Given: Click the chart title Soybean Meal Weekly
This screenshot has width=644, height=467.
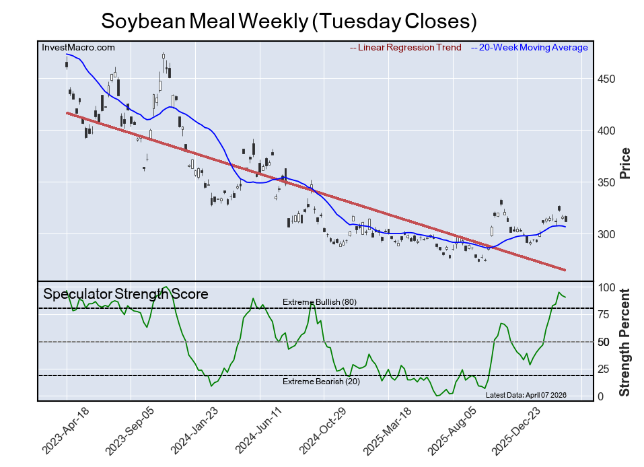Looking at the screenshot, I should (x=289, y=21).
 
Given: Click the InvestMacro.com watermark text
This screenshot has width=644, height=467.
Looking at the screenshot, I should (x=78, y=47).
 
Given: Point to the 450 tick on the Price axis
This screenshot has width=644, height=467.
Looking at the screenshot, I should (x=608, y=79).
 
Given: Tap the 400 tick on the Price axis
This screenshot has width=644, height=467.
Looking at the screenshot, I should (x=608, y=131).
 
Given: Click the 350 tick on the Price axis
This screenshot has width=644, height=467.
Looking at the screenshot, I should (x=608, y=182).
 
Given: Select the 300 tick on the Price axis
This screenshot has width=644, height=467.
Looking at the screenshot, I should (x=608, y=234).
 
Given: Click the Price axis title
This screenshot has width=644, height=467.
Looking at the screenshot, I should (x=625, y=163).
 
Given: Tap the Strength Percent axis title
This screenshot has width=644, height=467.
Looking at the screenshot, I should (x=625, y=342).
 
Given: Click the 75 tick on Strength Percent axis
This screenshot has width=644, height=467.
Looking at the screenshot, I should (x=605, y=314).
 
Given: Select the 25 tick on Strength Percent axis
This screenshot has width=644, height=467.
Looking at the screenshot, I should (x=605, y=369).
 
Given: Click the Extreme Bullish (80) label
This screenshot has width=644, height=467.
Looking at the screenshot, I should (x=320, y=302).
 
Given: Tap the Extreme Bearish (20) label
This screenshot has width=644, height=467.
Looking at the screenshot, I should (x=320, y=382).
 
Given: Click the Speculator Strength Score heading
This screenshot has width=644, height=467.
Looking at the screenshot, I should (x=126, y=294).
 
